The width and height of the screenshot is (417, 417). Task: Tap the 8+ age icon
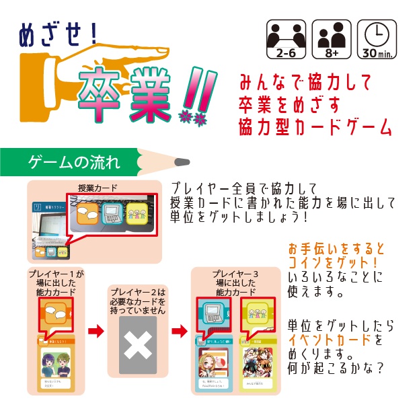pyautogui.click(x=332, y=39)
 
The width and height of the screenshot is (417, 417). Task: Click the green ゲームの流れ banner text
pyautogui.click(x=75, y=162)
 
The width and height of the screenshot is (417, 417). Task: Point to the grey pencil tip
pyautogui.click(x=182, y=162)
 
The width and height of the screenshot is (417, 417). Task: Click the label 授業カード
pyautogui.click(x=98, y=188)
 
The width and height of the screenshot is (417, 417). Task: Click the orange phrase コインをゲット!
pyautogui.click(x=332, y=261)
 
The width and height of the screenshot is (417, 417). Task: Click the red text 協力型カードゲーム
pyautogui.click(x=315, y=126)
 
